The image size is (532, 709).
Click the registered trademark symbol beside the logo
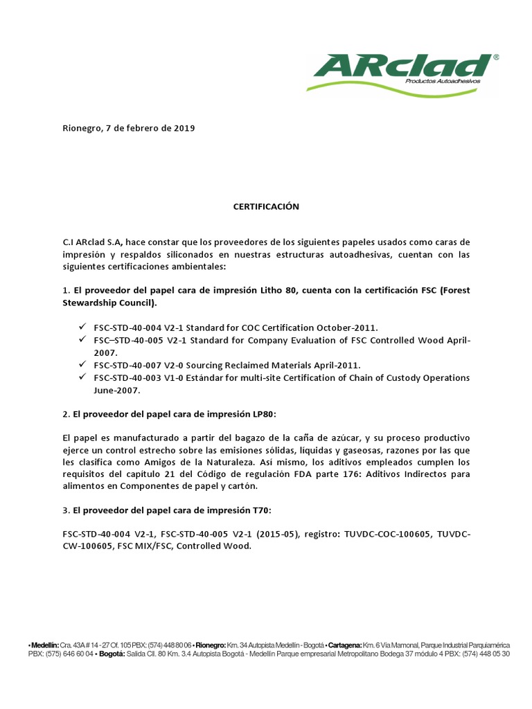point(495,57)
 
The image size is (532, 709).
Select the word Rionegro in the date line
point(81,128)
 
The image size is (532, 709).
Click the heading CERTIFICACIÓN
point(265,206)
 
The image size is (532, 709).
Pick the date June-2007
point(116,390)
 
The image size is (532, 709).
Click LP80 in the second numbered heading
point(264,414)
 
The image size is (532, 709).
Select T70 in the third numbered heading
point(261,510)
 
